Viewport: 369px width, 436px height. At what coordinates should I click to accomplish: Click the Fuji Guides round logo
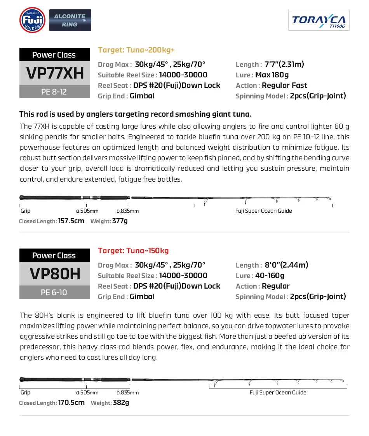[x=32, y=20]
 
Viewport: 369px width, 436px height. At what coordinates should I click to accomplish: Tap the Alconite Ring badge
[x=70, y=20]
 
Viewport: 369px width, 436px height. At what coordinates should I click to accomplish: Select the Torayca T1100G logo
[x=319, y=20]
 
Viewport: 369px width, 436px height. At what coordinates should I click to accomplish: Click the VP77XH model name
[x=55, y=73]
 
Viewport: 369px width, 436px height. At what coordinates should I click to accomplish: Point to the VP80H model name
[x=55, y=274]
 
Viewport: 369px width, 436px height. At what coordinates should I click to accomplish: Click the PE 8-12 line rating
[x=54, y=92]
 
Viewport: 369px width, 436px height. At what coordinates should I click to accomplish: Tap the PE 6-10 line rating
[x=54, y=292]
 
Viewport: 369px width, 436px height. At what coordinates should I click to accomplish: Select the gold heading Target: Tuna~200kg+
[x=136, y=50]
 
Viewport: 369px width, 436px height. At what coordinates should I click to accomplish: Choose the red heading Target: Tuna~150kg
[x=133, y=251]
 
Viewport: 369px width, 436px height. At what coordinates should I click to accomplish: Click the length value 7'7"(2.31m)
[x=284, y=65]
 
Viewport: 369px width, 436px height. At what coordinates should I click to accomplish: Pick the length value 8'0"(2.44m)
[x=287, y=265]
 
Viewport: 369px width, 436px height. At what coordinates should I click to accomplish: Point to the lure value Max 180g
[x=272, y=75]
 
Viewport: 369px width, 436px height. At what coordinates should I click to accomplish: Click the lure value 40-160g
[x=270, y=276]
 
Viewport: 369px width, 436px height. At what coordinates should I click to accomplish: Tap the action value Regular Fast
[x=284, y=86]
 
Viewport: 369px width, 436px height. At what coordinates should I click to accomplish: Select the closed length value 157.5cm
[x=71, y=221]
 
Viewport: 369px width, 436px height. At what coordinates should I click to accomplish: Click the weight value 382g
[x=121, y=403]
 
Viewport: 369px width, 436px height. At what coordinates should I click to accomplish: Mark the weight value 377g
[x=120, y=221]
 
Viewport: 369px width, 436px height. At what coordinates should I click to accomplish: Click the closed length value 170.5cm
[x=71, y=403]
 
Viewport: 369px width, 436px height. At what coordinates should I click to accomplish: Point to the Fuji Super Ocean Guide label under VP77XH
[x=263, y=211]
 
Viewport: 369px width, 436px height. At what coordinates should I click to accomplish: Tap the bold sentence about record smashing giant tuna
[x=136, y=114]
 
